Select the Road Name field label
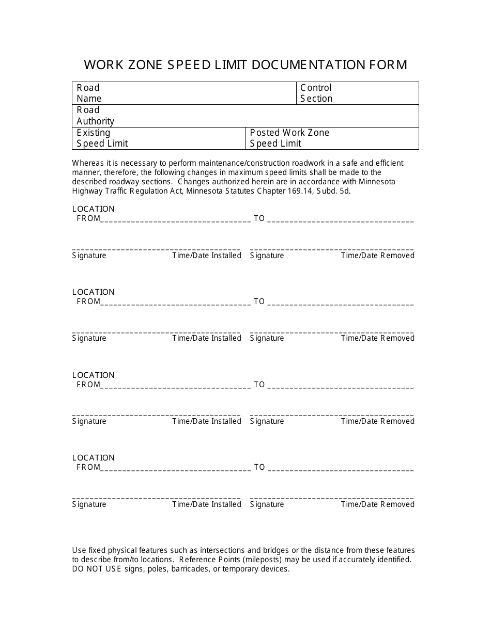(x=89, y=93)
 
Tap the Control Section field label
(x=316, y=93)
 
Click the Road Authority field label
(x=95, y=116)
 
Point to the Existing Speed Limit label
(x=102, y=138)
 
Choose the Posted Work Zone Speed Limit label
(x=289, y=138)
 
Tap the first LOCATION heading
(x=93, y=209)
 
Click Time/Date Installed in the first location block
(x=207, y=256)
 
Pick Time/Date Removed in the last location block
(x=377, y=504)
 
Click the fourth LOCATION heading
(x=93, y=458)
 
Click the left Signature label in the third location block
(x=89, y=421)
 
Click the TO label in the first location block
(x=259, y=218)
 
